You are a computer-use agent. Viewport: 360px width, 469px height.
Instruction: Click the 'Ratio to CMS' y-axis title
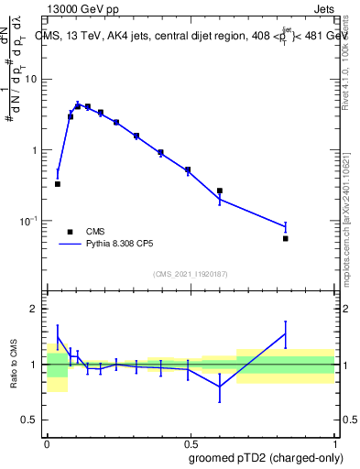15,364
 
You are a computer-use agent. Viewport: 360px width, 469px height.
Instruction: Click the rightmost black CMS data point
286,238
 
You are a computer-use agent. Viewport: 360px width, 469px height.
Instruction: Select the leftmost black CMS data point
58,184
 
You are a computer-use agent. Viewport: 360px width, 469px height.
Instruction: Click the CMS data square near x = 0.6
220,191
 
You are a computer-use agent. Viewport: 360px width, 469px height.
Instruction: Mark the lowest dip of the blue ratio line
220,387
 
